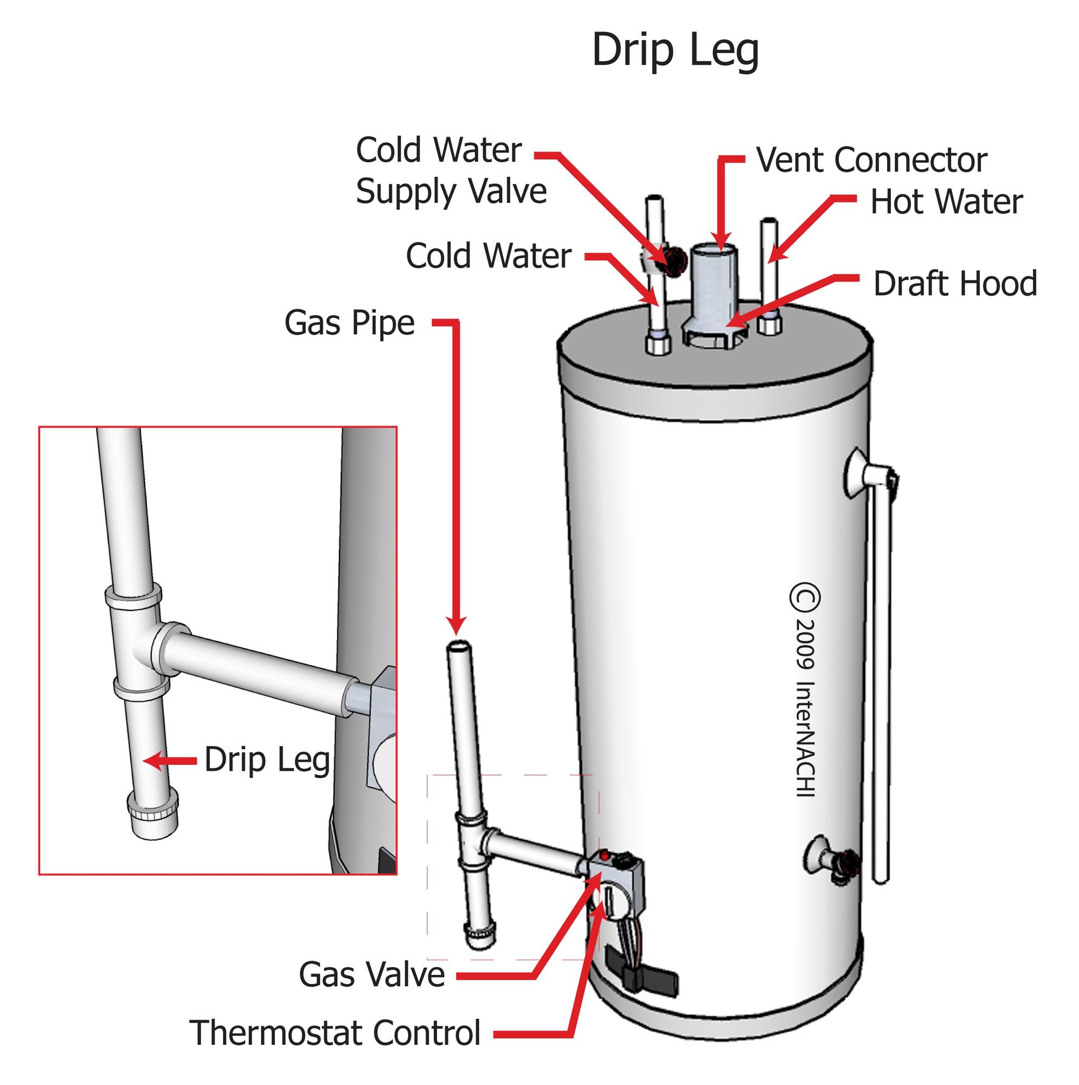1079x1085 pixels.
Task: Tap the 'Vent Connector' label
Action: pyautogui.click(x=871, y=160)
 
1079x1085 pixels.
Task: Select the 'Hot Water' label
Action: pyautogui.click(x=947, y=202)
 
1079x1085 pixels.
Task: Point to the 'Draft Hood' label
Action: pyautogui.click(x=955, y=284)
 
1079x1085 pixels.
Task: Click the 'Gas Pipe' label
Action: pyautogui.click(x=349, y=323)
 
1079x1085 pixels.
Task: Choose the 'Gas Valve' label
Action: pyautogui.click(x=371, y=975)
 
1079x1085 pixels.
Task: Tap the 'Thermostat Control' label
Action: pyautogui.click(x=336, y=1032)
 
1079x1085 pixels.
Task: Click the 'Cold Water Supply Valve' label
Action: pyautogui.click(x=451, y=171)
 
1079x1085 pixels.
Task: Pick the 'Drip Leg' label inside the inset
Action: pyautogui.click(x=267, y=761)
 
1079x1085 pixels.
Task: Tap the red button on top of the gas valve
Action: pyautogui.click(x=604, y=856)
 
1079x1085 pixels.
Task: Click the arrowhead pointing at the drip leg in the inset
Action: pyautogui.click(x=149, y=762)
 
